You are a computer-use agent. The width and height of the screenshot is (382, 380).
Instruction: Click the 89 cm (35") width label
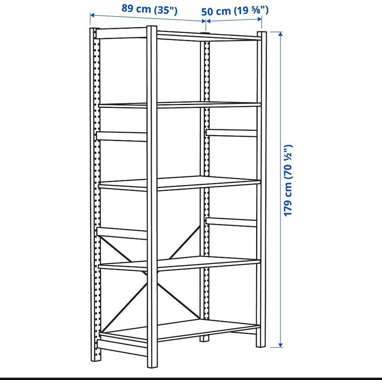coord(149,10)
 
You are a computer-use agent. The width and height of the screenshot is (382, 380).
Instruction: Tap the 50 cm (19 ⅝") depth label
coord(235,10)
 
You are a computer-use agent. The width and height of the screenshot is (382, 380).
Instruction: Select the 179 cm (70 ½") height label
coord(288,180)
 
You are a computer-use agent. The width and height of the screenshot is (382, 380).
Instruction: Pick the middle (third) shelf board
coord(203,182)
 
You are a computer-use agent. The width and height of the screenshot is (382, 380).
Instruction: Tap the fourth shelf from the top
coord(203,262)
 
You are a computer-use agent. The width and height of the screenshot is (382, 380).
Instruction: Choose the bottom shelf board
coord(203,329)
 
